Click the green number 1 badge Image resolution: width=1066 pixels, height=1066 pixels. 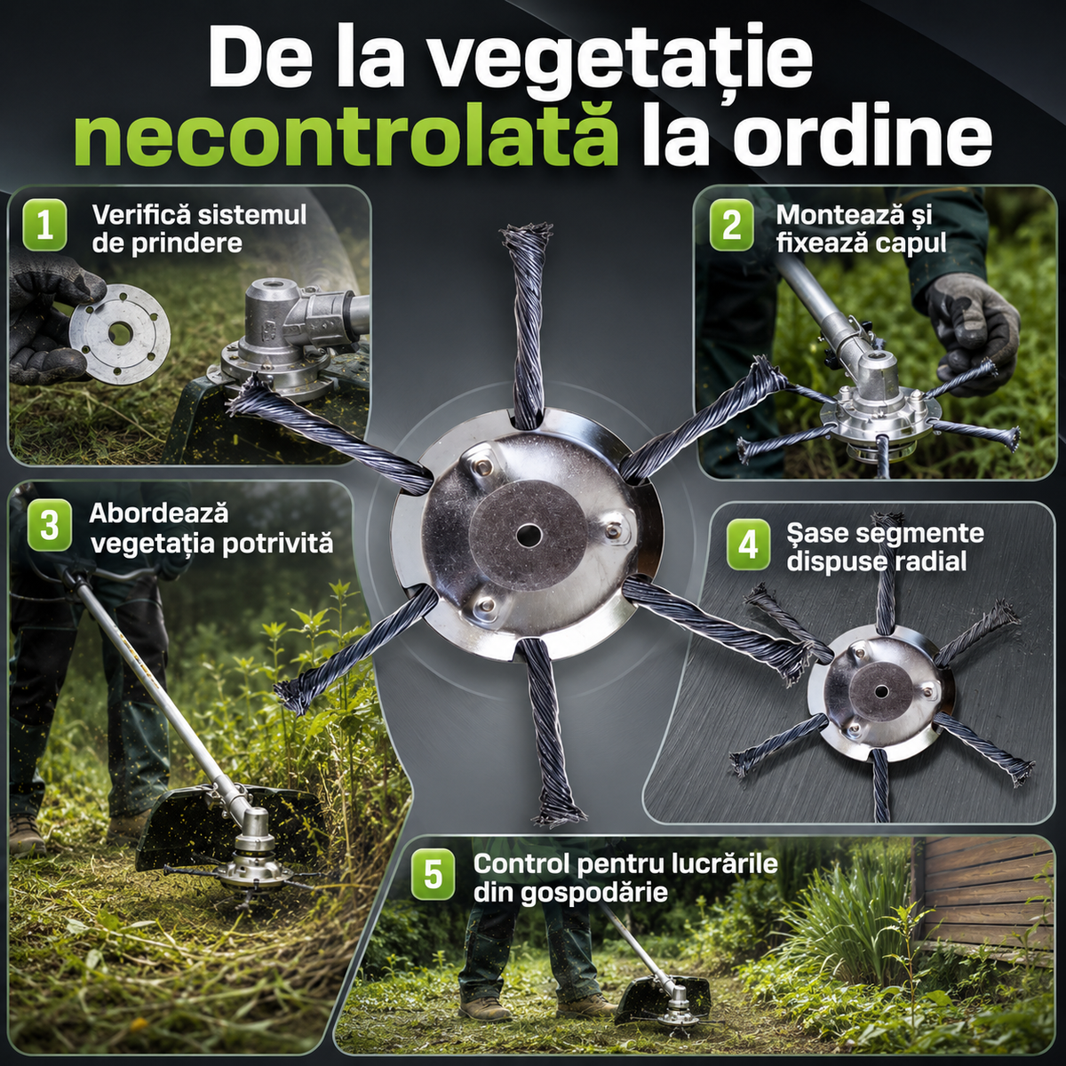tap(44, 227)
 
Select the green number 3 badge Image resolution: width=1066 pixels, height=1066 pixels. tap(50, 526)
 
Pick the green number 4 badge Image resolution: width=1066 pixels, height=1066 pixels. tap(749, 545)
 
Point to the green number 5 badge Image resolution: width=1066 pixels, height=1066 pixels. tap(434, 876)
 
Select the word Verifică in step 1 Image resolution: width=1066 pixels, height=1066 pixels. tap(141, 215)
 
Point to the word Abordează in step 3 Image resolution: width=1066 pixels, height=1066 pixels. tap(158, 513)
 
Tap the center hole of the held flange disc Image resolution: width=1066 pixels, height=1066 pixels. tap(117, 332)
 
